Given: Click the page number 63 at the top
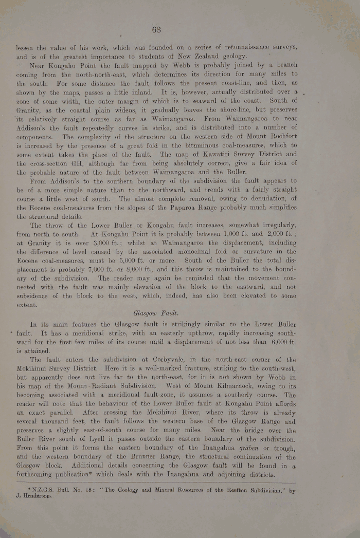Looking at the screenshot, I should [157, 29].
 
